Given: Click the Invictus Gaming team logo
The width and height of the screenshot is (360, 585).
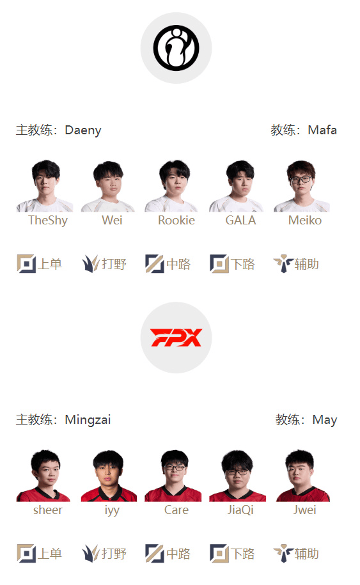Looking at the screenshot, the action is click(x=176, y=48).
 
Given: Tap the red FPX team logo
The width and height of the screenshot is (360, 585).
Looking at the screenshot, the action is click(x=176, y=338).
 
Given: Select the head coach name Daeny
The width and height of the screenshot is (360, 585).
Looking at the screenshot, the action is click(x=83, y=130).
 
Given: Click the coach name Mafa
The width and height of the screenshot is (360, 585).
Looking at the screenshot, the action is click(x=322, y=130).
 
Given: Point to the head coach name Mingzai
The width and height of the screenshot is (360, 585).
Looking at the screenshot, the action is click(x=88, y=419).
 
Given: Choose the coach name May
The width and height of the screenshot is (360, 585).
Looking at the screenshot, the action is click(x=325, y=419).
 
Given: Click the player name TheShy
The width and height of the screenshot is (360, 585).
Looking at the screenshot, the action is click(x=48, y=220).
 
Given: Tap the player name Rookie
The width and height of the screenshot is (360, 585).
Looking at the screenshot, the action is click(x=176, y=220).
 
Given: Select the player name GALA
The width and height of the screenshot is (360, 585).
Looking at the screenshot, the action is click(x=240, y=220).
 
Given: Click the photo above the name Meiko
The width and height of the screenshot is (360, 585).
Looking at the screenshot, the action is click(x=301, y=186).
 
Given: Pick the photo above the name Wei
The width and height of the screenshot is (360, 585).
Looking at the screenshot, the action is click(x=108, y=186).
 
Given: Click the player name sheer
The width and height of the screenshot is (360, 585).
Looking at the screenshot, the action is click(x=48, y=510).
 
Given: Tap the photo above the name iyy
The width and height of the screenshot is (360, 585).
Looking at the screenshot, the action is click(x=109, y=475).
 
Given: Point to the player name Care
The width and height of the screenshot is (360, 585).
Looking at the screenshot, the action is click(x=176, y=510).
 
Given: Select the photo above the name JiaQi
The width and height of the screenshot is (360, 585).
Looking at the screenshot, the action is click(x=238, y=475).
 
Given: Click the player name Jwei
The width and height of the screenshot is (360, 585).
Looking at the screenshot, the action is click(x=305, y=510).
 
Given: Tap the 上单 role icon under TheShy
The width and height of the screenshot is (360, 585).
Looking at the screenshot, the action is click(x=26, y=264).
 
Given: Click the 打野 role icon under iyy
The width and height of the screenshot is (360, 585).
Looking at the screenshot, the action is click(x=91, y=553).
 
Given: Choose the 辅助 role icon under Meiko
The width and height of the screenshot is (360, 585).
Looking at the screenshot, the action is click(x=283, y=264).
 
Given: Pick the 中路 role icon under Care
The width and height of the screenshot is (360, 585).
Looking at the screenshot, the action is click(x=155, y=553).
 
